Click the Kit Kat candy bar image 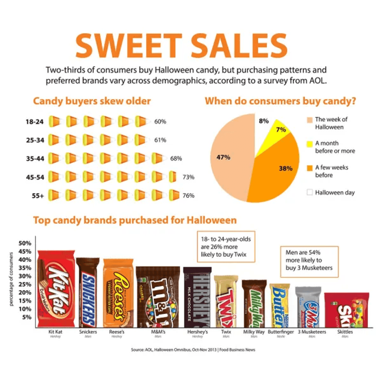point(56,289)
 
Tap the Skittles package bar point(346,310)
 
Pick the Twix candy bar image point(226,301)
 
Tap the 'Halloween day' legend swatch point(310,192)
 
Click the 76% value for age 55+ point(188,196)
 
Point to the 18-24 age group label point(35,122)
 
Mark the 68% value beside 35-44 point(176,158)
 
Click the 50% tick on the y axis point(25,243)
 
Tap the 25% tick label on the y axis point(25,284)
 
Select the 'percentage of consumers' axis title point(11,279)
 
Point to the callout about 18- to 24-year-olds point(226,247)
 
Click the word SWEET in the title point(129,45)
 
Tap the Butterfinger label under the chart point(281,332)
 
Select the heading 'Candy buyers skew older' point(92,101)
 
